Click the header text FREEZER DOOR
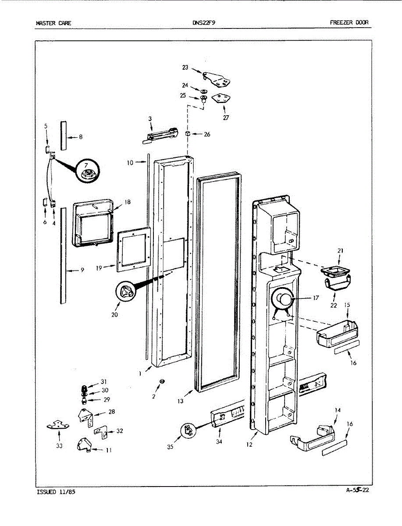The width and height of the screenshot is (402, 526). (349, 22)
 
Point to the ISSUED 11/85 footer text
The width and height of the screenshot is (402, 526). (56, 492)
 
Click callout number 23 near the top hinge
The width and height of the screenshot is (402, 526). (185, 68)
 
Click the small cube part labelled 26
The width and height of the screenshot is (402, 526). (187, 133)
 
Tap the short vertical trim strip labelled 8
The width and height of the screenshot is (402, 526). (64, 135)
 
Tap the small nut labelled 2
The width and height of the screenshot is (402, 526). (162, 380)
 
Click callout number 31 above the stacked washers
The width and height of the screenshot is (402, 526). (103, 382)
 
